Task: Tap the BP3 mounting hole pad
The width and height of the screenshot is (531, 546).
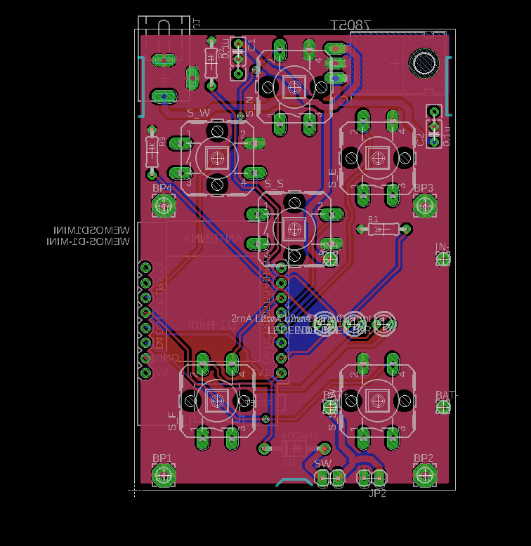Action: click(x=424, y=205)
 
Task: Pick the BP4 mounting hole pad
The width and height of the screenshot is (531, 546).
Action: click(x=164, y=205)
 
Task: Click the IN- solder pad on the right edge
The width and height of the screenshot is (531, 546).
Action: click(x=443, y=259)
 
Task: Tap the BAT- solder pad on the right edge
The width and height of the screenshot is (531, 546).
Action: click(x=442, y=407)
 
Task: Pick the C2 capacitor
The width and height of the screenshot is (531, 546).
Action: click(x=433, y=128)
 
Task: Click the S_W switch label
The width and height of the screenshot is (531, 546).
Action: click(x=198, y=112)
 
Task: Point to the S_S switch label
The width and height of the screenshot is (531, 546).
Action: click(x=274, y=184)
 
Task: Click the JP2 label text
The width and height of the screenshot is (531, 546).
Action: click(x=377, y=494)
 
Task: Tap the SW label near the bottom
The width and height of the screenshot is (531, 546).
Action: click(x=322, y=464)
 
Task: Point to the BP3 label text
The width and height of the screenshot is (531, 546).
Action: click(x=423, y=188)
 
